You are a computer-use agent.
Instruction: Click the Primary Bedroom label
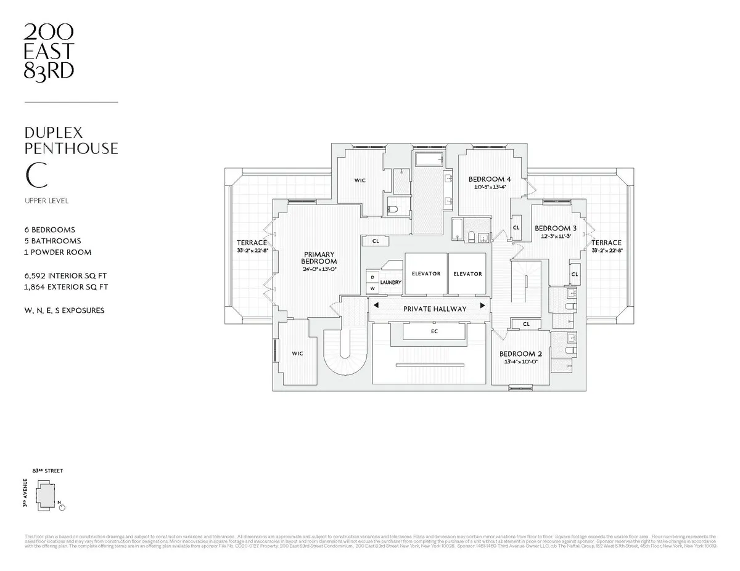tap(319, 257)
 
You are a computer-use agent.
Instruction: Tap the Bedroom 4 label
tap(490, 179)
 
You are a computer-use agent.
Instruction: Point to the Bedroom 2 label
tap(520, 354)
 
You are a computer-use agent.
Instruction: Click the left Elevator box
tap(425, 273)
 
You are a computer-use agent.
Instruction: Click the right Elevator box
tap(467, 273)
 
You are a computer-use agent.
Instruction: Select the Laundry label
tap(390, 283)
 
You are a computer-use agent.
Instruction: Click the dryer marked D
tap(372, 277)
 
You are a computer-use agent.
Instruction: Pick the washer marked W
tap(372, 288)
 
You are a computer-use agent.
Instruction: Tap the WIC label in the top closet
tap(360, 180)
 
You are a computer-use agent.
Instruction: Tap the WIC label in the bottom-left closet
tap(297, 354)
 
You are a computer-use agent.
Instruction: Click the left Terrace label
tap(252, 243)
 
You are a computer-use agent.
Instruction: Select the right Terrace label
tap(607, 243)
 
